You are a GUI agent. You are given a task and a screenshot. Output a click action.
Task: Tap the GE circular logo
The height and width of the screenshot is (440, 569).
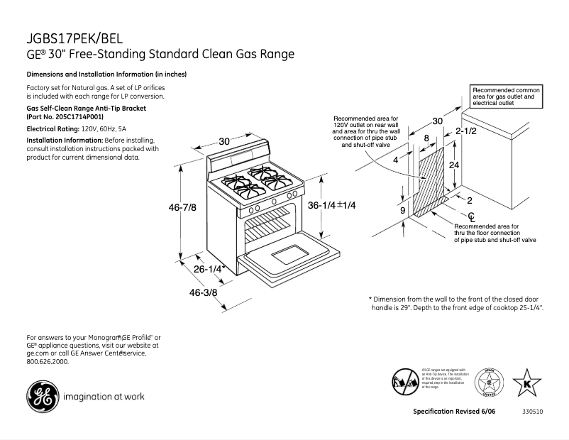(41, 396)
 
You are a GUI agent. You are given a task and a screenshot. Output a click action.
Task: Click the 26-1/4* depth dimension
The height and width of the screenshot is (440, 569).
(209, 269)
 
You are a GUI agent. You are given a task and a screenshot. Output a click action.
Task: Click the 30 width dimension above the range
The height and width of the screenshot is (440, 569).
(225, 141)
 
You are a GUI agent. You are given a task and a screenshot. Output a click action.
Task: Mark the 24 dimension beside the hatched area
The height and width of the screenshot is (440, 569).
(455, 164)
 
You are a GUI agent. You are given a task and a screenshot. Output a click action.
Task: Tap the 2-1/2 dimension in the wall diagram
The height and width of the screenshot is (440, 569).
(465, 132)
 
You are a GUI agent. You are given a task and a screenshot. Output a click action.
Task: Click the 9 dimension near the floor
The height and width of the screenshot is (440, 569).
(402, 211)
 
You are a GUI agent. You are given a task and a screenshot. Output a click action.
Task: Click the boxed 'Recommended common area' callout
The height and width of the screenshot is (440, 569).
(507, 97)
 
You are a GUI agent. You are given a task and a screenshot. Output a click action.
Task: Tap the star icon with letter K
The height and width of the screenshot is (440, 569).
(526, 383)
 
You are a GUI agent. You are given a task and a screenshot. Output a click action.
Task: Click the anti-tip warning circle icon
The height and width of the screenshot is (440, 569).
(404, 381)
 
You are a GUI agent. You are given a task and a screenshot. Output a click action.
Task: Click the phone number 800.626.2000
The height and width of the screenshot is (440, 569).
(48, 361)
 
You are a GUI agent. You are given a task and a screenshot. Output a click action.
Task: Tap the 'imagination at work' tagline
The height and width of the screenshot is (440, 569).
(104, 397)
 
